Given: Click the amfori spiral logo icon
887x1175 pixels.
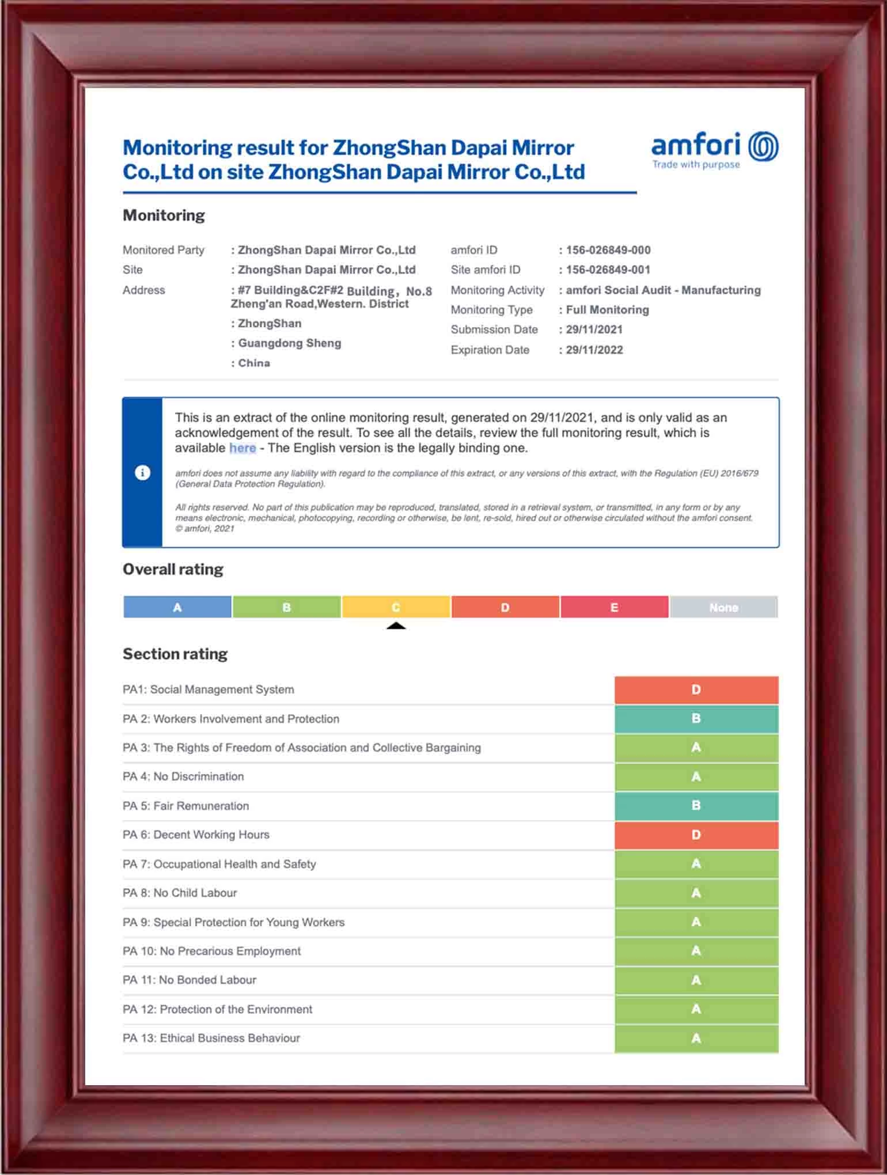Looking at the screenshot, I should click(763, 146).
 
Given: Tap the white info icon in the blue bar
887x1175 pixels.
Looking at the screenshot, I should click(142, 473).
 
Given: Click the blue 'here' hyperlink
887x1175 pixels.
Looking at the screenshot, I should click(242, 448).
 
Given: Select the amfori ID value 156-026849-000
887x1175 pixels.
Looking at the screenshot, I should click(608, 250).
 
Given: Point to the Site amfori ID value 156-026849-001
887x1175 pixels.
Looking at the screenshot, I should click(608, 270).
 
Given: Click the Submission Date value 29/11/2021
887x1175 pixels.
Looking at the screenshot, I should click(594, 329).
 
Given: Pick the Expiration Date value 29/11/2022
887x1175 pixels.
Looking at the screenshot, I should click(594, 350).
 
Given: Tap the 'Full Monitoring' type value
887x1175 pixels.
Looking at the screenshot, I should click(607, 310).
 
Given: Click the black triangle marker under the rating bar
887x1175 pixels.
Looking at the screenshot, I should click(396, 626).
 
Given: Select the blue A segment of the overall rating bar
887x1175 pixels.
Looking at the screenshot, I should click(177, 607).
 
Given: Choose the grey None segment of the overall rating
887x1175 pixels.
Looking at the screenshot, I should click(723, 607).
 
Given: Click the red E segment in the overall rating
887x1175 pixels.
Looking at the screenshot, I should click(614, 607).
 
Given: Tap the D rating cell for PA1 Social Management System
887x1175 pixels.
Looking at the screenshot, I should click(696, 689).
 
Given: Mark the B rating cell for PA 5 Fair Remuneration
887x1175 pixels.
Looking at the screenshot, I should click(696, 805).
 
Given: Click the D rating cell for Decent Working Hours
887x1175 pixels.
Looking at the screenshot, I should click(696, 835).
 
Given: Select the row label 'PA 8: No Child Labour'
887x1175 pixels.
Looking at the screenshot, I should click(180, 893).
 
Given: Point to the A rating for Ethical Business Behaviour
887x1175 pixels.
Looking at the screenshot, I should click(696, 1038).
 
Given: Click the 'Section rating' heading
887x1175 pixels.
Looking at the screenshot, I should click(175, 654).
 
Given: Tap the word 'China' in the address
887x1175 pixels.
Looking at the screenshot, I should click(254, 363).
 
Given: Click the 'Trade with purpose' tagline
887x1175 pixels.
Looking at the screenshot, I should click(696, 165).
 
